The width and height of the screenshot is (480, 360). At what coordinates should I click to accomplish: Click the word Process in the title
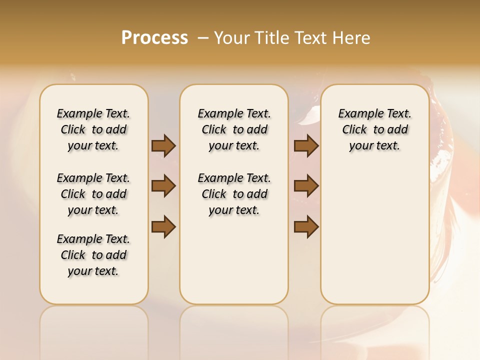coord(154,37)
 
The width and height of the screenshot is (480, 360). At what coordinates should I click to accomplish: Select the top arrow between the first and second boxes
coord(163,145)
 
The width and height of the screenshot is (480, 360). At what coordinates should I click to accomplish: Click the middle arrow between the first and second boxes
coord(163,186)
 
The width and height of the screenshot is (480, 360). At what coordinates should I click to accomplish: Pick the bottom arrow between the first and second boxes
coord(163,227)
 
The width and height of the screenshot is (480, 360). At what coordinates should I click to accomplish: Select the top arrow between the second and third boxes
coord(306,145)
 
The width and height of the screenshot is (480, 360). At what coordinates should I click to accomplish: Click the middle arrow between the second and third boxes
coord(306,186)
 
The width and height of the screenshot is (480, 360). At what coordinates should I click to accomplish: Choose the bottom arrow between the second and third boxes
coord(306,227)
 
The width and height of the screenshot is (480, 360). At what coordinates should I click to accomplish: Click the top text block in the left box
coord(93,129)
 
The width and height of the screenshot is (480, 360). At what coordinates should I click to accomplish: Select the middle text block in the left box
coord(93,194)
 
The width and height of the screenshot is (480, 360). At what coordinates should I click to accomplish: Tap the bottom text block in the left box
coord(93,255)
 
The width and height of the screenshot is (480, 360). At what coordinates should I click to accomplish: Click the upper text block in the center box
coord(234,129)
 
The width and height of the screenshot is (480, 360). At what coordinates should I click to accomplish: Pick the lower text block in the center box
coord(234,194)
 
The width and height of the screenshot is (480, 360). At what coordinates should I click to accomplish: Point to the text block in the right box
coord(374,129)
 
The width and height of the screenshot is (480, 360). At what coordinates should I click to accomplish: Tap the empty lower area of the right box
coord(374,235)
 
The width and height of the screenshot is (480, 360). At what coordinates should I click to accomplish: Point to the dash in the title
coord(203,38)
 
